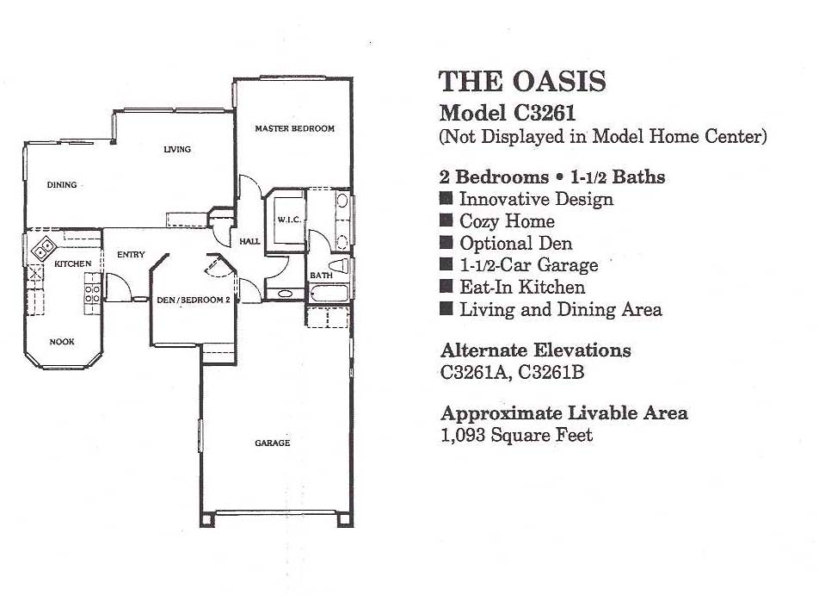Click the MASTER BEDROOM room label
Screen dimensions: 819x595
(x=294, y=128)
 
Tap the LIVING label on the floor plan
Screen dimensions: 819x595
(x=177, y=149)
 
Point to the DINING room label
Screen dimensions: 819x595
(x=62, y=184)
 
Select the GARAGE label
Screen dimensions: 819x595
(x=272, y=443)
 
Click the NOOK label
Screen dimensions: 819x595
(x=62, y=342)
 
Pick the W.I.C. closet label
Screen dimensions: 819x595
(x=289, y=220)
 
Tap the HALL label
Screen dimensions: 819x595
(x=249, y=241)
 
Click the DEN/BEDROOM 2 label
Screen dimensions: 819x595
(x=194, y=301)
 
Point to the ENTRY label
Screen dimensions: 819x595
(x=131, y=255)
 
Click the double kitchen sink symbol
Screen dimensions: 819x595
(x=43, y=247)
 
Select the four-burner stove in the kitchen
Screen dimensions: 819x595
(x=92, y=294)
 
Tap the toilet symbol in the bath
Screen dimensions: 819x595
(x=340, y=265)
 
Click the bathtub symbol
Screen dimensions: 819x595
(x=329, y=293)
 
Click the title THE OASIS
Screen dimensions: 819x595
(x=522, y=82)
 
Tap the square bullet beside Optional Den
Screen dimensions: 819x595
(x=446, y=243)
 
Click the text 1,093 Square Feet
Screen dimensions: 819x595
(x=516, y=435)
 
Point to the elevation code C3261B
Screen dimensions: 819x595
(x=551, y=372)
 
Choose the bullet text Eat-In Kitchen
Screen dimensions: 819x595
(x=522, y=287)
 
